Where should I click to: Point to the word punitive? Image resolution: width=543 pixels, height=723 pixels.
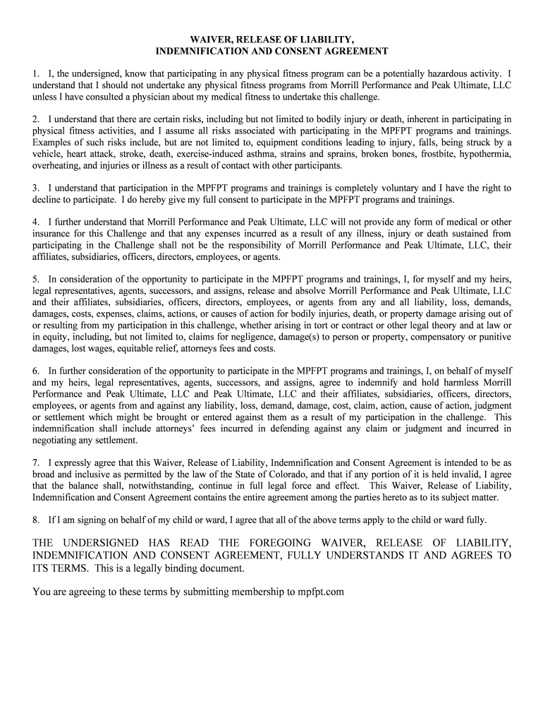(x=495, y=337)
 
